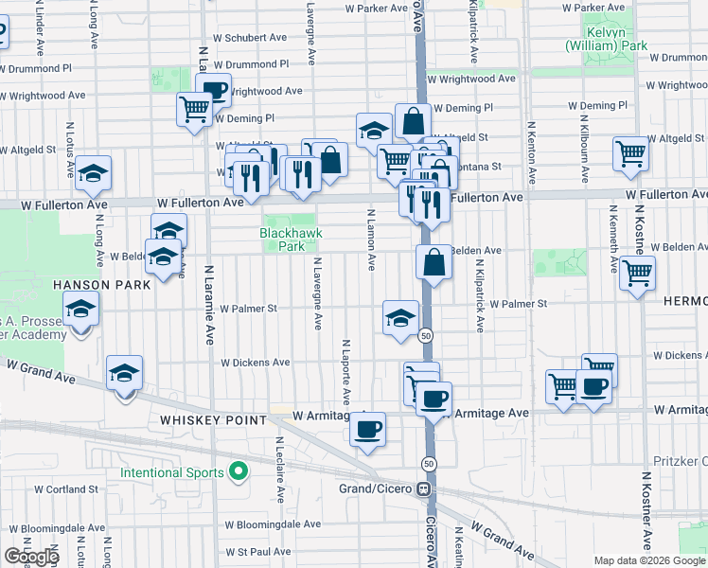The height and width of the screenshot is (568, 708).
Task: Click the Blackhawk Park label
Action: (282, 240)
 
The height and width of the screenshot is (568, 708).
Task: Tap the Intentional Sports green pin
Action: (239, 471)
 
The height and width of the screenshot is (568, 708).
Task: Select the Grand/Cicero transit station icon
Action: (425, 488)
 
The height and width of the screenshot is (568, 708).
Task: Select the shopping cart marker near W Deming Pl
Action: (194, 109)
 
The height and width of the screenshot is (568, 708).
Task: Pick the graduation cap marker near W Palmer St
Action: (400, 318)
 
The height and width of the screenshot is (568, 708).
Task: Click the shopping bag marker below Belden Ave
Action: (434, 263)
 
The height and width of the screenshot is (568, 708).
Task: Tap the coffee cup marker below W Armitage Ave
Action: (367, 430)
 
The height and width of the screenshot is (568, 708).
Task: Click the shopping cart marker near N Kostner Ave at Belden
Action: (637, 273)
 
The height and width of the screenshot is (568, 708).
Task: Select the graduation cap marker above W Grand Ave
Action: (124, 374)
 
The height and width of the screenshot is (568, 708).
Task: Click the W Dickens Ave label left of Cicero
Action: (255, 363)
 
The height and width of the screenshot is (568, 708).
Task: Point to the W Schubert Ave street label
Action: (250, 38)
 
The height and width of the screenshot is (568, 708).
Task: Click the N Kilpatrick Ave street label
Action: (480, 295)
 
